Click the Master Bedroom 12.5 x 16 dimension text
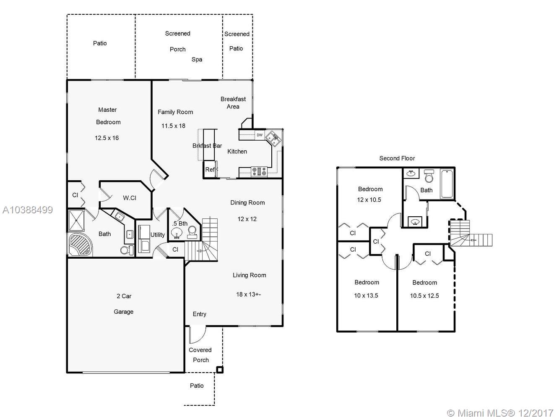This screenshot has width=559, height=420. pyautogui.click(x=107, y=138)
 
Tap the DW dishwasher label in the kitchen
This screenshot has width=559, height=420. pyautogui.click(x=260, y=135)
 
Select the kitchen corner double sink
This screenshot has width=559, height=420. pyautogui.click(x=273, y=139)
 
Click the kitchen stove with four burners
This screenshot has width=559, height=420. pyautogui.click(x=259, y=171)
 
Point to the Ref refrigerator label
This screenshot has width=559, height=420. pyautogui.click(x=210, y=170)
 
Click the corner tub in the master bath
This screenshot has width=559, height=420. pyautogui.click(x=80, y=244)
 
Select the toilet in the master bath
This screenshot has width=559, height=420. pyautogui.click(x=127, y=250)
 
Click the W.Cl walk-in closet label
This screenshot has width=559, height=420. pyautogui.click(x=130, y=198)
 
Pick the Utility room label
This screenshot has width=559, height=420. pyautogui.click(x=157, y=235)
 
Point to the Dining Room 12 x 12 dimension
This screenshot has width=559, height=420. pyautogui.click(x=247, y=219)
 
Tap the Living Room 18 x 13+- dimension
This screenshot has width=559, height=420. pyautogui.click(x=248, y=294)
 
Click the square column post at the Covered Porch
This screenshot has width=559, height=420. pyautogui.click(x=219, y=370)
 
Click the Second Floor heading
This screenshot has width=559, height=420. pyautogui.click(x=397, y=158)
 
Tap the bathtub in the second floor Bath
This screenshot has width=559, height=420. pyautogui.click(x=447, y=184)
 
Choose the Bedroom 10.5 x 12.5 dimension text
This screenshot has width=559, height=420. pyautogui.click(x=424, y=296)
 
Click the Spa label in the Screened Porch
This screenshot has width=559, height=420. pyautogui.click(x=197, y=59)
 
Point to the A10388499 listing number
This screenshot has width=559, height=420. pyautogui.click(x=28, y=210)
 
